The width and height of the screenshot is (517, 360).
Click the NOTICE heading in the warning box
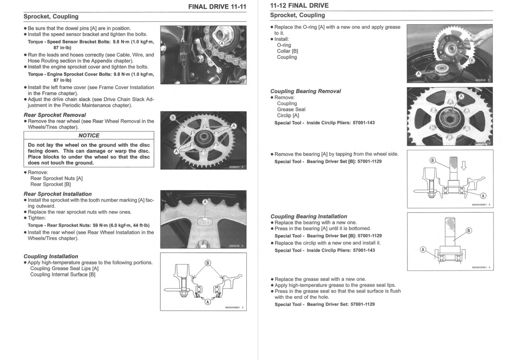click(x=88, y=136)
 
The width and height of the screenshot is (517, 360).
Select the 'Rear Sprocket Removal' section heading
click(x=55, y=115)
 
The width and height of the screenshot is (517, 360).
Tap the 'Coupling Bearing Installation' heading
click(x=309, y=216)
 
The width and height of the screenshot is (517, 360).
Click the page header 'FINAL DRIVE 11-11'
click(x=217, y=7)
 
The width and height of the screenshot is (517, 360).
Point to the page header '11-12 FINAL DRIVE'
click(x=299, y=6)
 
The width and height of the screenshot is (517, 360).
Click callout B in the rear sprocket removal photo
click(x=173, y=118)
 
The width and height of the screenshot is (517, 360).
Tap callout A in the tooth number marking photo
click(x=205, y=202)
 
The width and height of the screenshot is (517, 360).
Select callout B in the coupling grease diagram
click(x=208, y=263)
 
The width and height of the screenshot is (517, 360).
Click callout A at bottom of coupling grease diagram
click(x=208, y=301)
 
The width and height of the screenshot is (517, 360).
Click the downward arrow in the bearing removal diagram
click(x=464, y=166)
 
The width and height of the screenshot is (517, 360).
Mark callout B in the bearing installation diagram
click(x=469, y=231)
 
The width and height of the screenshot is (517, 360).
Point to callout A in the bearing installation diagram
click(x=423, y=249)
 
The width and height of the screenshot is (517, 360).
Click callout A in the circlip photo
click(x=461, y=96)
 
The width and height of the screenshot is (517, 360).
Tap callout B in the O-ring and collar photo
click(x=471, y=60)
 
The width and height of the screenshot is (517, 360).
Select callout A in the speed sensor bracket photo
click(x=222, y=43)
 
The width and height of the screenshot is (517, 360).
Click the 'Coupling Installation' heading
click(x=51, y=256)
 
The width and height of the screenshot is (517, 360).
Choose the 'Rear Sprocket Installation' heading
click(x=58, y=194)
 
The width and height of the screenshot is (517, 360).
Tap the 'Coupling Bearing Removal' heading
click(x=305, y=91)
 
